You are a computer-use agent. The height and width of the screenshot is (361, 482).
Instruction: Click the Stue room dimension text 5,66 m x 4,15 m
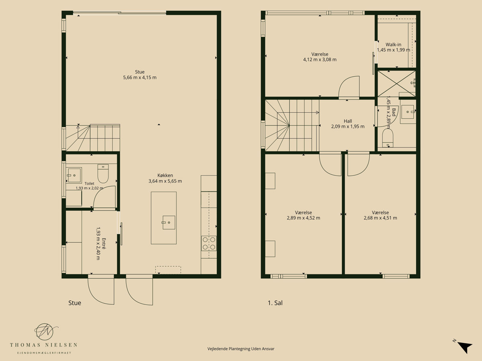(x=140, y=77)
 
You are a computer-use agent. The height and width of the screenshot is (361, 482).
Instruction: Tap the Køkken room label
(x=165, y=175)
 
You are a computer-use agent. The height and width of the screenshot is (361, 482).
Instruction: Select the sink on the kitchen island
(x=169, y=223)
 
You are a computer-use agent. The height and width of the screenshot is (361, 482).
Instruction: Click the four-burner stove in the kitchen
(x=209, y=243)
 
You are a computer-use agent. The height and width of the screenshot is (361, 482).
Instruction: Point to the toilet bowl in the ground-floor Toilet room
(x=103, y=174)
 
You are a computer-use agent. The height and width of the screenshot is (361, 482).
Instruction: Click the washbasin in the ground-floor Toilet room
(x=74, y=175)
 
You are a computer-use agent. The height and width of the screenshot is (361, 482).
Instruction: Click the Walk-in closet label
(x=393, y=45)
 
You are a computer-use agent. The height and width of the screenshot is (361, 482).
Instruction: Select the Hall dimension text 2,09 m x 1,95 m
(x=348, y=126)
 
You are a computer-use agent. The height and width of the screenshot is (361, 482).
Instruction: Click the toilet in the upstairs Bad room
(x=388, y=138)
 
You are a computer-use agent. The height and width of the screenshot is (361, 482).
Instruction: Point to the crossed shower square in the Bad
(x=396, y=83)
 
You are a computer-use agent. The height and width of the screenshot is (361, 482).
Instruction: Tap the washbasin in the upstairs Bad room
(x=408, y=112)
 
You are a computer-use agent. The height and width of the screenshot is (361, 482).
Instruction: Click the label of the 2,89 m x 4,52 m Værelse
(x=303, y=213)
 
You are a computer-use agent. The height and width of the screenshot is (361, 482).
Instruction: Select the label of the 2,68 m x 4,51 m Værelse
(x=380, y=213)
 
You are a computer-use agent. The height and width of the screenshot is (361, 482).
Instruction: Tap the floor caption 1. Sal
(x=275, y=303)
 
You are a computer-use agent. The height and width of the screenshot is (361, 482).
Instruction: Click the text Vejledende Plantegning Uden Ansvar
(x=241, y=349)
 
